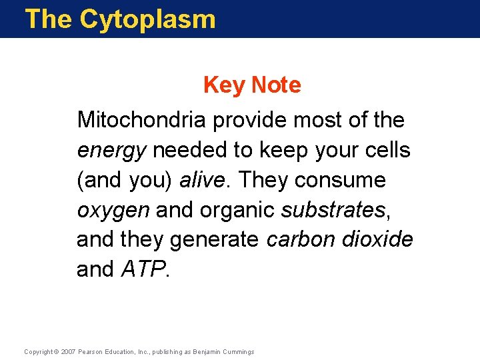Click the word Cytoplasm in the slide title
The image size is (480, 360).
pos(147,19)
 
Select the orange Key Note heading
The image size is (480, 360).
pos(252,85)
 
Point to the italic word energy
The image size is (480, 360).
pos(111,151)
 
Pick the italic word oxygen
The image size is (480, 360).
pos(113,211)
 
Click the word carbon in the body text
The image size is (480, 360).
pos(298,239)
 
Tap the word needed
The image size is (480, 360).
pos(190,150)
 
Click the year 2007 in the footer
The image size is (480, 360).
pos(69,352)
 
